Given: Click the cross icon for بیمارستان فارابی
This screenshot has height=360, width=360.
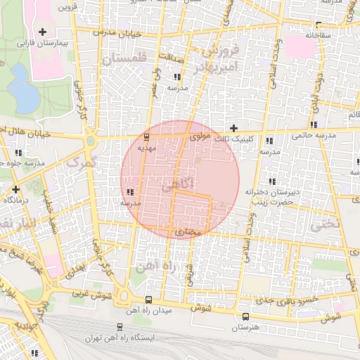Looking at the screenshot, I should coord(43,32).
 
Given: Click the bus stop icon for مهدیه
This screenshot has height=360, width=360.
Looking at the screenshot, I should coord(146,137).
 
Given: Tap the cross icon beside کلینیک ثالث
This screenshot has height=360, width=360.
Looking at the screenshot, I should coord(233,127).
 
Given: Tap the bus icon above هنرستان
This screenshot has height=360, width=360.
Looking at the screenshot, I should coord(245,316).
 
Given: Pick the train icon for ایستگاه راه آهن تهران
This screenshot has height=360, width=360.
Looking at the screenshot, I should coord(120,327).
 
